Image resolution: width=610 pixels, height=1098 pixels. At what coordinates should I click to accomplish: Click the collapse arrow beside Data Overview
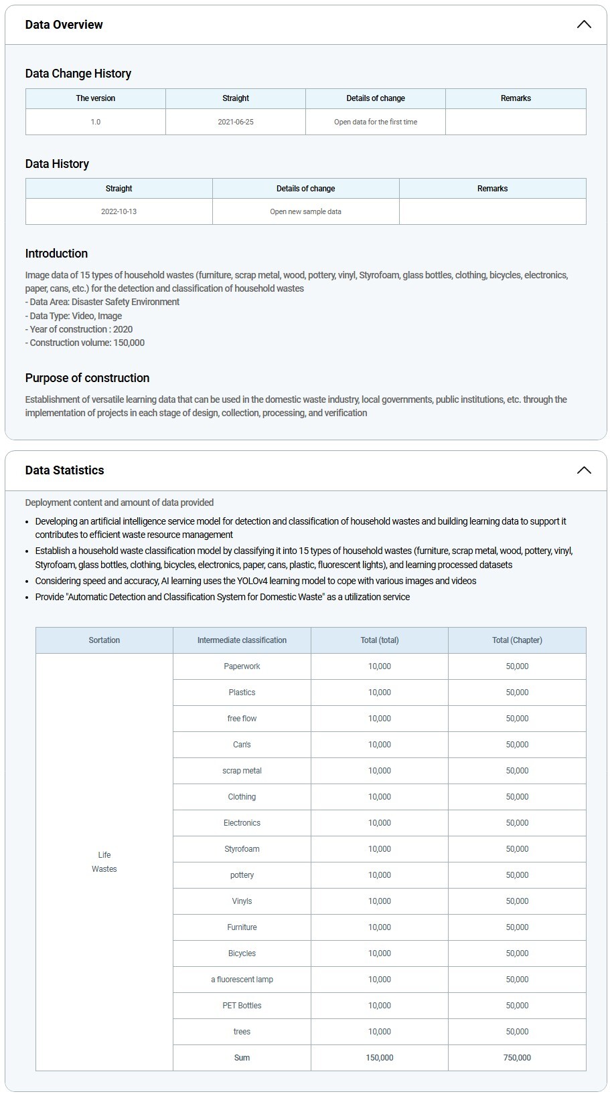tap(584, 25)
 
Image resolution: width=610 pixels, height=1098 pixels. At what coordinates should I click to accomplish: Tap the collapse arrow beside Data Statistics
tap(584, 470)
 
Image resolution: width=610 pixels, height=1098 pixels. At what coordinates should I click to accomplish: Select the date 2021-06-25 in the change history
tap(236, 122)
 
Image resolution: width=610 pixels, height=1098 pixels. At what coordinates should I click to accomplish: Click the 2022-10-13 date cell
tap(119, 211)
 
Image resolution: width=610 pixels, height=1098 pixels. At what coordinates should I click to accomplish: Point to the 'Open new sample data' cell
tap(305, 211)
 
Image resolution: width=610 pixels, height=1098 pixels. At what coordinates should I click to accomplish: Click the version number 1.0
tap(96, 122)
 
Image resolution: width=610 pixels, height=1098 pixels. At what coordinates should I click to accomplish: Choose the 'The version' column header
tap(96, 98)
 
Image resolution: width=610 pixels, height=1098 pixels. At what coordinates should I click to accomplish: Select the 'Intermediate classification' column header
tap(242, 640)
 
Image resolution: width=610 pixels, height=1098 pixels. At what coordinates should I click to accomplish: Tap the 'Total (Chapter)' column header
tap(517, 640)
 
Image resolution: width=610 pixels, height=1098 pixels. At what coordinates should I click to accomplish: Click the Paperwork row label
tap(242, 666)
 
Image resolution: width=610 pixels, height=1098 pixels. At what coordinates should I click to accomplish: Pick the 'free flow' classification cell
tap(242, 719)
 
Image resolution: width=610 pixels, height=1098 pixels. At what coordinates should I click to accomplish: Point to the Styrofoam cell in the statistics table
tap(242, 849)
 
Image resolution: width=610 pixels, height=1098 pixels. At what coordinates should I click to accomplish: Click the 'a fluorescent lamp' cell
tap(242, 980)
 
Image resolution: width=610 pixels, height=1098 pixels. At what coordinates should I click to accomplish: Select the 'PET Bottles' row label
tap(242, 1006)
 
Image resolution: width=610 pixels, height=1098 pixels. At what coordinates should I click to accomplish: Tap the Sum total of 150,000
tap(380, 1058)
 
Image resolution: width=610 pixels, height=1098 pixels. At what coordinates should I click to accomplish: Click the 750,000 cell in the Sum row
tap(517, 1058)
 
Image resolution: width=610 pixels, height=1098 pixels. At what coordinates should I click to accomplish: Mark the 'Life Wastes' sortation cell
tap(104, 862)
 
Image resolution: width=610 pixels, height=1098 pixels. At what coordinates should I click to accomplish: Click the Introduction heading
tap(56, 254)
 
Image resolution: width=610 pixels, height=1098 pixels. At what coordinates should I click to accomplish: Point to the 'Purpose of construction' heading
tap(87, 378)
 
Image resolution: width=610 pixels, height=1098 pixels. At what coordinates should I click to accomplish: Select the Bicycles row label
tap(242, 953)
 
